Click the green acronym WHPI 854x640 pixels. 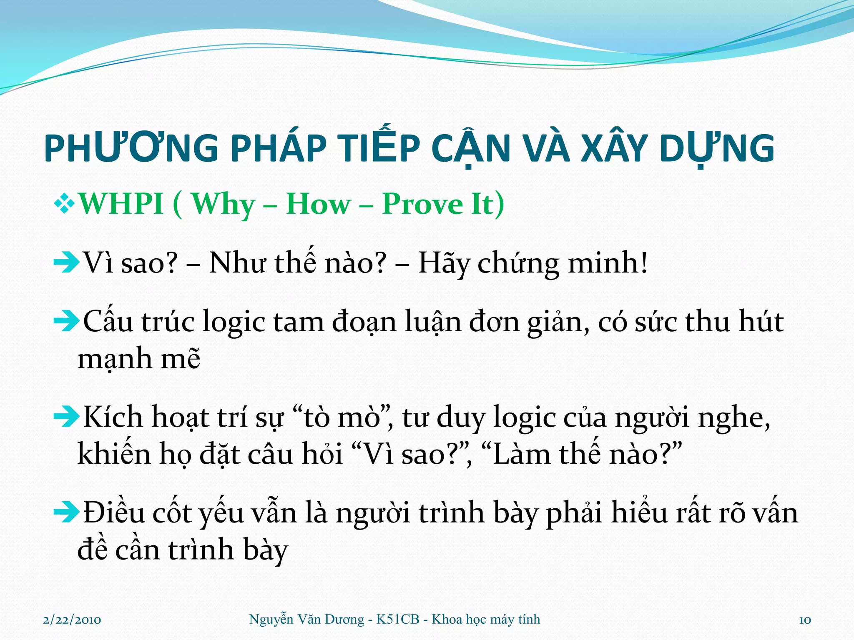coord(121,204)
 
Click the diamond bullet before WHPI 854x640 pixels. coord(65,205)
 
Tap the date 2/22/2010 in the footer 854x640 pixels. coord(72,620)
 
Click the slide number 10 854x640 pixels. coord(805,620)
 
